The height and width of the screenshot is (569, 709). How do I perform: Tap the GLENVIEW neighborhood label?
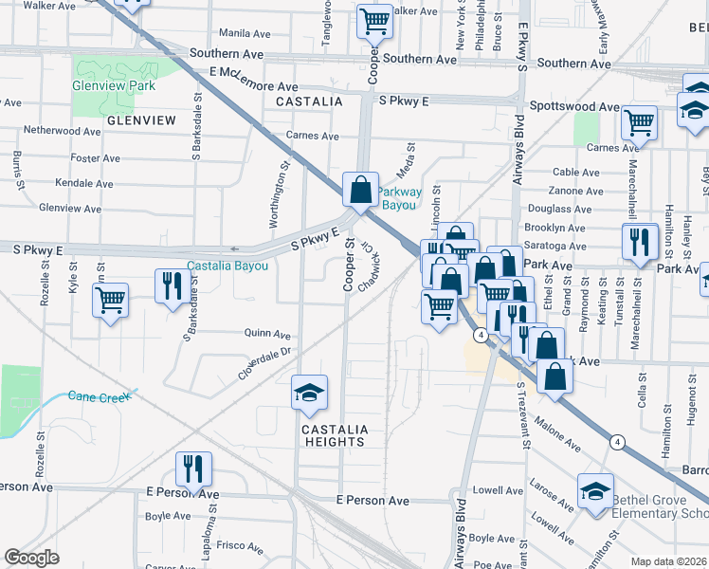point(142,120)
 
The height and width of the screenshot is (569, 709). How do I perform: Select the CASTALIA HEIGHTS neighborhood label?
point(334,435)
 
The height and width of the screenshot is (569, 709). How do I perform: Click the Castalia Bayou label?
point(227,266)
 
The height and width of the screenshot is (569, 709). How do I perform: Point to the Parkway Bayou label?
point(398,197)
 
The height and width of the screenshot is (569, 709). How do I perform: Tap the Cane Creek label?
point(99,396)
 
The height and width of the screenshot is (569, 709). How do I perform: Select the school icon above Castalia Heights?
point(308,394)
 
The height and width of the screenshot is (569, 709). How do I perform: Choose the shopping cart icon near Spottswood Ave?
point(640,121)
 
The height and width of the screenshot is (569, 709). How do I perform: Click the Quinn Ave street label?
point(267,334)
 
